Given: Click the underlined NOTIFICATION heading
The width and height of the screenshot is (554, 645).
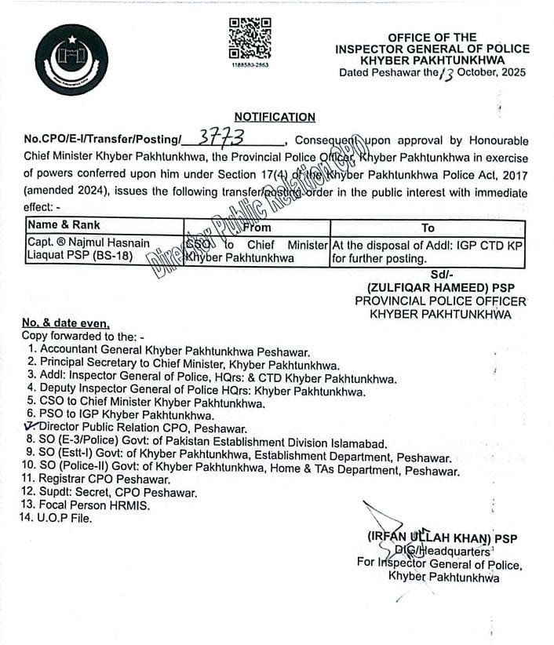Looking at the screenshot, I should pyautogui.click(x=275, y=117).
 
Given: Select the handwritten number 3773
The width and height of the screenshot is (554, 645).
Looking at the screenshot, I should pyautogui.click(x=221, y=137).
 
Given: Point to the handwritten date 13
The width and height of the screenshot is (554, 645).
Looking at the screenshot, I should pyautogui.click(x=446, y=73).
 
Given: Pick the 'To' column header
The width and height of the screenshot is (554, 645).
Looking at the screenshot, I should pyautogui.click(x=428, y=228).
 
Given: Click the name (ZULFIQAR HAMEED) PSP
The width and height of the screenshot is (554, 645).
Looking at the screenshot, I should pyautogui.click(x=439, y=287).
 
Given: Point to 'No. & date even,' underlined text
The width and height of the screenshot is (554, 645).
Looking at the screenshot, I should pyautogui.click(x=66, y=322).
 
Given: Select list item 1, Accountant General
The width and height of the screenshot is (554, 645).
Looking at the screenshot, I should pyautogui.click(x=169, y=352).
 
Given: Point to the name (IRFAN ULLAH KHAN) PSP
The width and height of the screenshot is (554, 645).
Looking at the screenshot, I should pyautogui.click(x=441, y=537).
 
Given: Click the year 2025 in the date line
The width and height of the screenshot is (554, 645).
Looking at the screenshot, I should pyautogui.click(x=511, y=72).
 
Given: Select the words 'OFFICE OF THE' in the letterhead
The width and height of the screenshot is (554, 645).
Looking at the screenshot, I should pyautogui.click(x=432, y=37).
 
